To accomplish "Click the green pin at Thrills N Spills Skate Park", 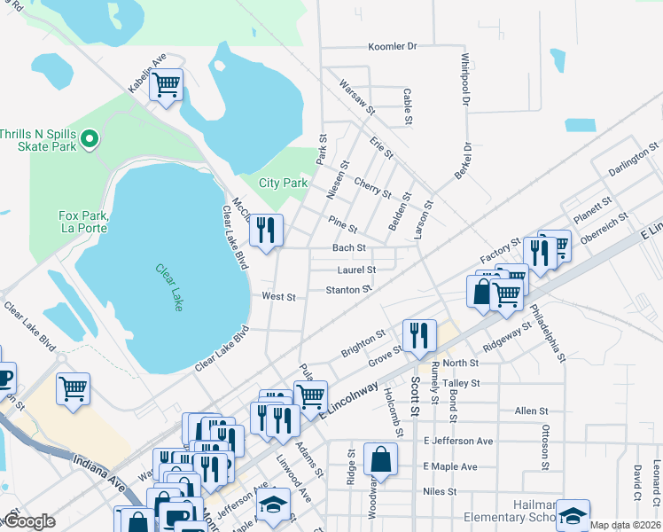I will pos(89,139).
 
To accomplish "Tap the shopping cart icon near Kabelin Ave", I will pos(166,85).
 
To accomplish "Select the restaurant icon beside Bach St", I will pos(266,231).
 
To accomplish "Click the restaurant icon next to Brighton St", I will pos(419,336).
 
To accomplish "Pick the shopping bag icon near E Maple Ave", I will pos(380,460).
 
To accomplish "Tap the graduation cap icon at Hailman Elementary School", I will pos(573,515).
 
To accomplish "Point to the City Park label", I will pos(283,184).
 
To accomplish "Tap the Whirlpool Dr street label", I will pos(464,79).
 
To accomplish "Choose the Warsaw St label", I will pos(358,96).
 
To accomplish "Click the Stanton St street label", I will pos(348,290).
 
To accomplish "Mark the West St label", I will pos(278,296).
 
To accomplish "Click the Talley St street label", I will pos(461,383).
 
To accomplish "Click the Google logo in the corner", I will pos(28,521).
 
